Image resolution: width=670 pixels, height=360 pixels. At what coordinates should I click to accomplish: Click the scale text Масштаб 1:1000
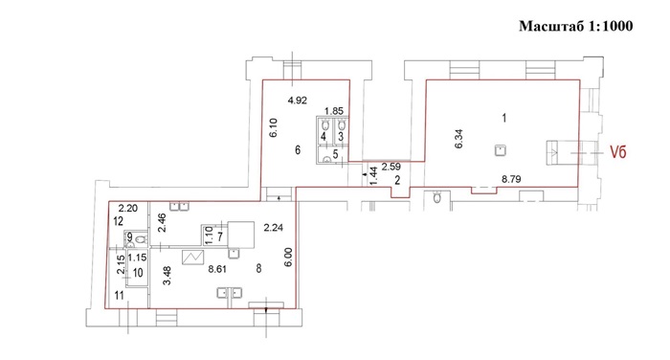coord(575,26)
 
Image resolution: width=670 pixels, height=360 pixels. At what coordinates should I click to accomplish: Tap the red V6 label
coord(618,152)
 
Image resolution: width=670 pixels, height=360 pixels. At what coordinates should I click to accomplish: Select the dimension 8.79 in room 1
coord(511,179)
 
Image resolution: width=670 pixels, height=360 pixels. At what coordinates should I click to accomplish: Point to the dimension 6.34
coord(458,139)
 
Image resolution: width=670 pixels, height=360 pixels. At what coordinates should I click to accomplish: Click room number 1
coord(504,118)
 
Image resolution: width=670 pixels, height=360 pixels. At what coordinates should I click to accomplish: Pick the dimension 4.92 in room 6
coord(298,101)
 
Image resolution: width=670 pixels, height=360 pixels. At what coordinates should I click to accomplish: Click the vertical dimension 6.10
coord(274,127)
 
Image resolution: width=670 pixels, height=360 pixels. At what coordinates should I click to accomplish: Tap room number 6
coord(298,150)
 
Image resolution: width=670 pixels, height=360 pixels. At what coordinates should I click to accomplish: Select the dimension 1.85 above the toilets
coord(334,111)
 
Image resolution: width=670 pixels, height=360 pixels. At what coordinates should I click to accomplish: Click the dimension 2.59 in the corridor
coord(391,167)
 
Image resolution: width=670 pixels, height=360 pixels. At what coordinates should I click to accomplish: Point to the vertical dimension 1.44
coord(373,176)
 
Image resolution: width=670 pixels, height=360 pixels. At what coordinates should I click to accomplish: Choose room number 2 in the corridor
coord(397,181)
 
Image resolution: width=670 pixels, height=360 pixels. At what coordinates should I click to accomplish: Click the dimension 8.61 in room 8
coord(217,269)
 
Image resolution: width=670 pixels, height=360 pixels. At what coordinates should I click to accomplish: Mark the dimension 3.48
coord(167,276)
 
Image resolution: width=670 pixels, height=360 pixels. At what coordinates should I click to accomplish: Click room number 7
coord(219,236)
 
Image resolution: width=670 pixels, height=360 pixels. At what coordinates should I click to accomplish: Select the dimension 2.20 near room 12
coord(127,209)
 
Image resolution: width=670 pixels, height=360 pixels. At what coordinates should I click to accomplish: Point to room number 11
coord(120,295)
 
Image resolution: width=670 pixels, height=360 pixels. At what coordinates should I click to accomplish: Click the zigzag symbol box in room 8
coord(192,258)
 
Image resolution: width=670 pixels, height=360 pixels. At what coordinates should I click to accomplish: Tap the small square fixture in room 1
coord(501,150)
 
